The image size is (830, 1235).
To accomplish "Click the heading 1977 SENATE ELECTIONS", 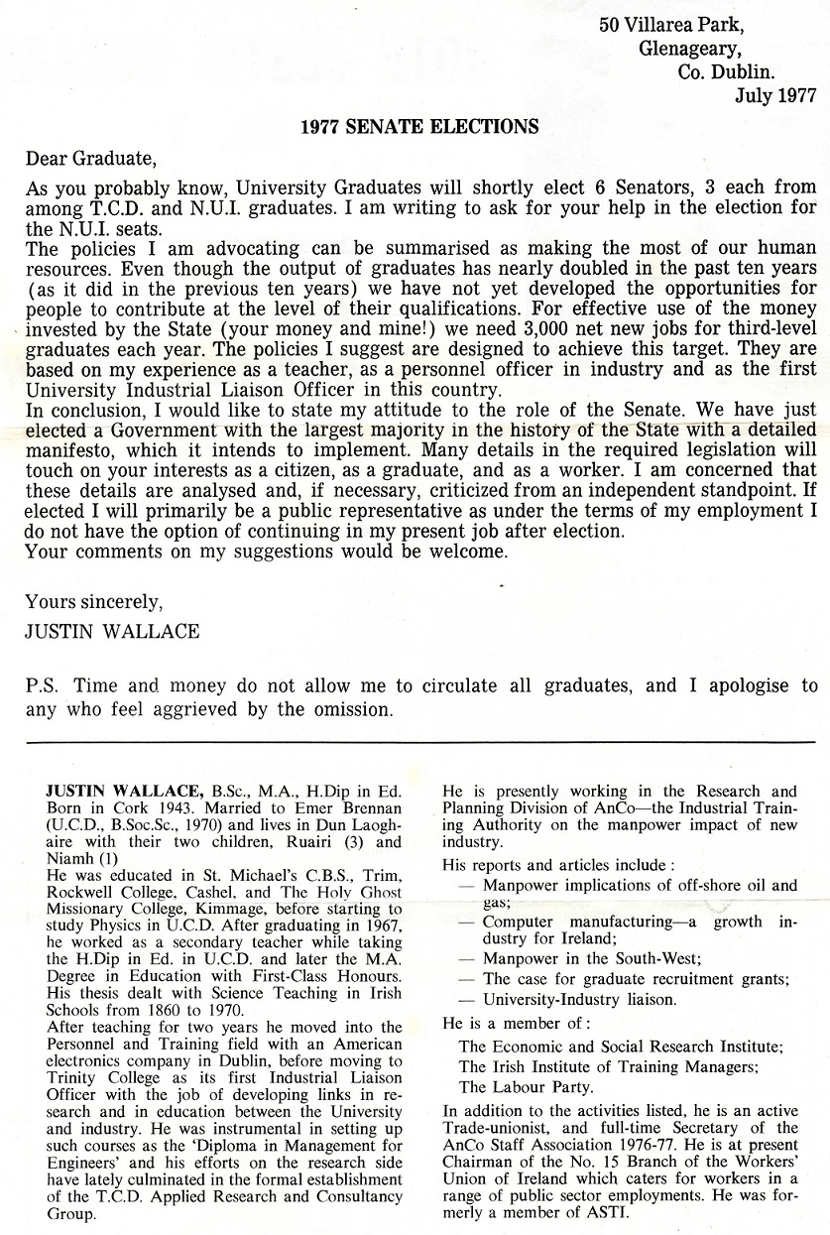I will (419, 127).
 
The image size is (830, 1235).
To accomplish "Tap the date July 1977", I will (775, 95).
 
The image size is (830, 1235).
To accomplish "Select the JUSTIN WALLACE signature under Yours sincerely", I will (112, 631).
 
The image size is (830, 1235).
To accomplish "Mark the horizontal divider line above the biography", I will (415, 742).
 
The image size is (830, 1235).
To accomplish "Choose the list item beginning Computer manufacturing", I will (584, 923).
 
